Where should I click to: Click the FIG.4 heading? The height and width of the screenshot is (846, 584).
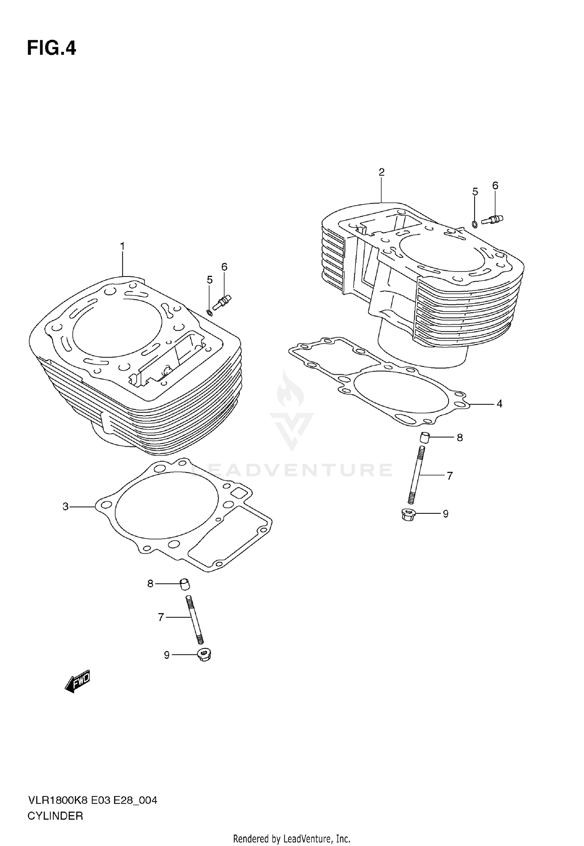[x=51, y=49]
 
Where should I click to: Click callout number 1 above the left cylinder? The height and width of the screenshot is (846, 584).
[x=122, y=247]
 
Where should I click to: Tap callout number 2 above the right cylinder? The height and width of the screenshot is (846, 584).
[x=382, y=172]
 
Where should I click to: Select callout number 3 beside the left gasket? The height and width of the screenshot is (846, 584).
[x=65, y=506]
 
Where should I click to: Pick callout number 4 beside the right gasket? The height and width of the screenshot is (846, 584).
[x=500, y=404]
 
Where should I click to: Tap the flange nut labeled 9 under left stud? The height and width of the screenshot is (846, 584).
[x=204, y=655]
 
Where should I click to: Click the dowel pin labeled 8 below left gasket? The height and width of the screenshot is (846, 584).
[x=185, y=584]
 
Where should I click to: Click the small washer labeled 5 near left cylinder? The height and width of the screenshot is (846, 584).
[x=210, y=312]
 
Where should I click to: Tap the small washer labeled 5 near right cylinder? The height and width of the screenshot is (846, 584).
[x=475, y=224]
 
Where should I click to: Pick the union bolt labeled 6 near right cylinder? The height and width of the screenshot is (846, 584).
[x=492, y=220]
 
